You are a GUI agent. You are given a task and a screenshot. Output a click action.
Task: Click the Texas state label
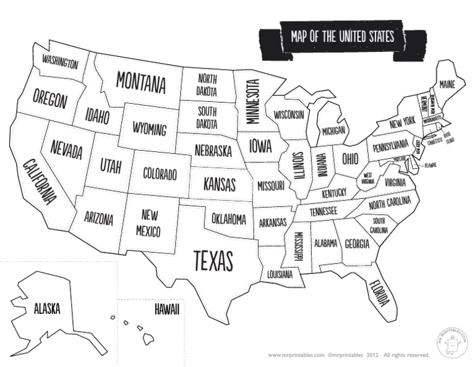pyautogui.click(x=213, y=261)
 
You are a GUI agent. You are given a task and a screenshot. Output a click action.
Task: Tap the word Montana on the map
pyautogui.click(x=141, y=82)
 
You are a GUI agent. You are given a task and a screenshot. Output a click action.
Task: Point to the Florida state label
pyautogui.click(x=379, y=293)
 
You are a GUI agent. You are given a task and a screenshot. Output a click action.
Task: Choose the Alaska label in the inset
pyautogui.click(x=47, y=308)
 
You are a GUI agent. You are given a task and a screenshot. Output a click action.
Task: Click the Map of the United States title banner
pyautogui.click(x=342, y=37)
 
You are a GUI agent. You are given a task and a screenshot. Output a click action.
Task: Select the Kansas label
pyautogui.click(x=220, y=184)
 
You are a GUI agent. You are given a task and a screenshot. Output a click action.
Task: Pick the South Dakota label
pyautogui.click(x=207, y=117)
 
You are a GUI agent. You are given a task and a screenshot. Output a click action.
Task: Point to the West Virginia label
pyautogui.click(x=368, y=178)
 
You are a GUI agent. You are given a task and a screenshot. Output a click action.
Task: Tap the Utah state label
pyautogui.click(x=111, y=165)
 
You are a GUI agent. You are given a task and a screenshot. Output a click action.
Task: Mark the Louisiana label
pyautogui.click(x=280, y=274)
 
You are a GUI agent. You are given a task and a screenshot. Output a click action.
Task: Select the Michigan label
pyautogui.click(x=333, y=131)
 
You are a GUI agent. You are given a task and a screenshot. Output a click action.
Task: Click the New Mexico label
pyautogui.click(x=148, y=224)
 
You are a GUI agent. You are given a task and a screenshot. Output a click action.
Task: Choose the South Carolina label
pyautogui.click(x=379, y=225)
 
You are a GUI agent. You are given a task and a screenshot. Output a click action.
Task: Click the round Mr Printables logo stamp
pyautogui.click(x=451, y=344)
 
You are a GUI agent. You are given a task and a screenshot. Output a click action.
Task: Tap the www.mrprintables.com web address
pyautogui.click(x=296, y=355)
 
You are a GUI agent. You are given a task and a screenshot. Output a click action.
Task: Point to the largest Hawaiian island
pyautogui.click(x=148, y=339)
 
